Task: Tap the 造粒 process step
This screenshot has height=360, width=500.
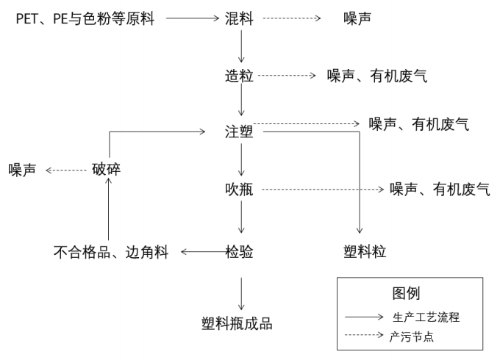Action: [240, 75]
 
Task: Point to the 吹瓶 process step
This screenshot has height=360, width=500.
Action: [240, 189]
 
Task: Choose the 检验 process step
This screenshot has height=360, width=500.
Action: [240, 252]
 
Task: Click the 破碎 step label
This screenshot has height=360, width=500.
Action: [107, 170]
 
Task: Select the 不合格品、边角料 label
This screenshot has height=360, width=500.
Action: [111, 252]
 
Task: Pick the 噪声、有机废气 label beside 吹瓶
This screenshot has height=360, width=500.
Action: [440, 189]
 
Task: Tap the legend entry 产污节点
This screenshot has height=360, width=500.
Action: [415, 336]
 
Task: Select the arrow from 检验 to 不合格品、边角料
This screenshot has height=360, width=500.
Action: [200, 252]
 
